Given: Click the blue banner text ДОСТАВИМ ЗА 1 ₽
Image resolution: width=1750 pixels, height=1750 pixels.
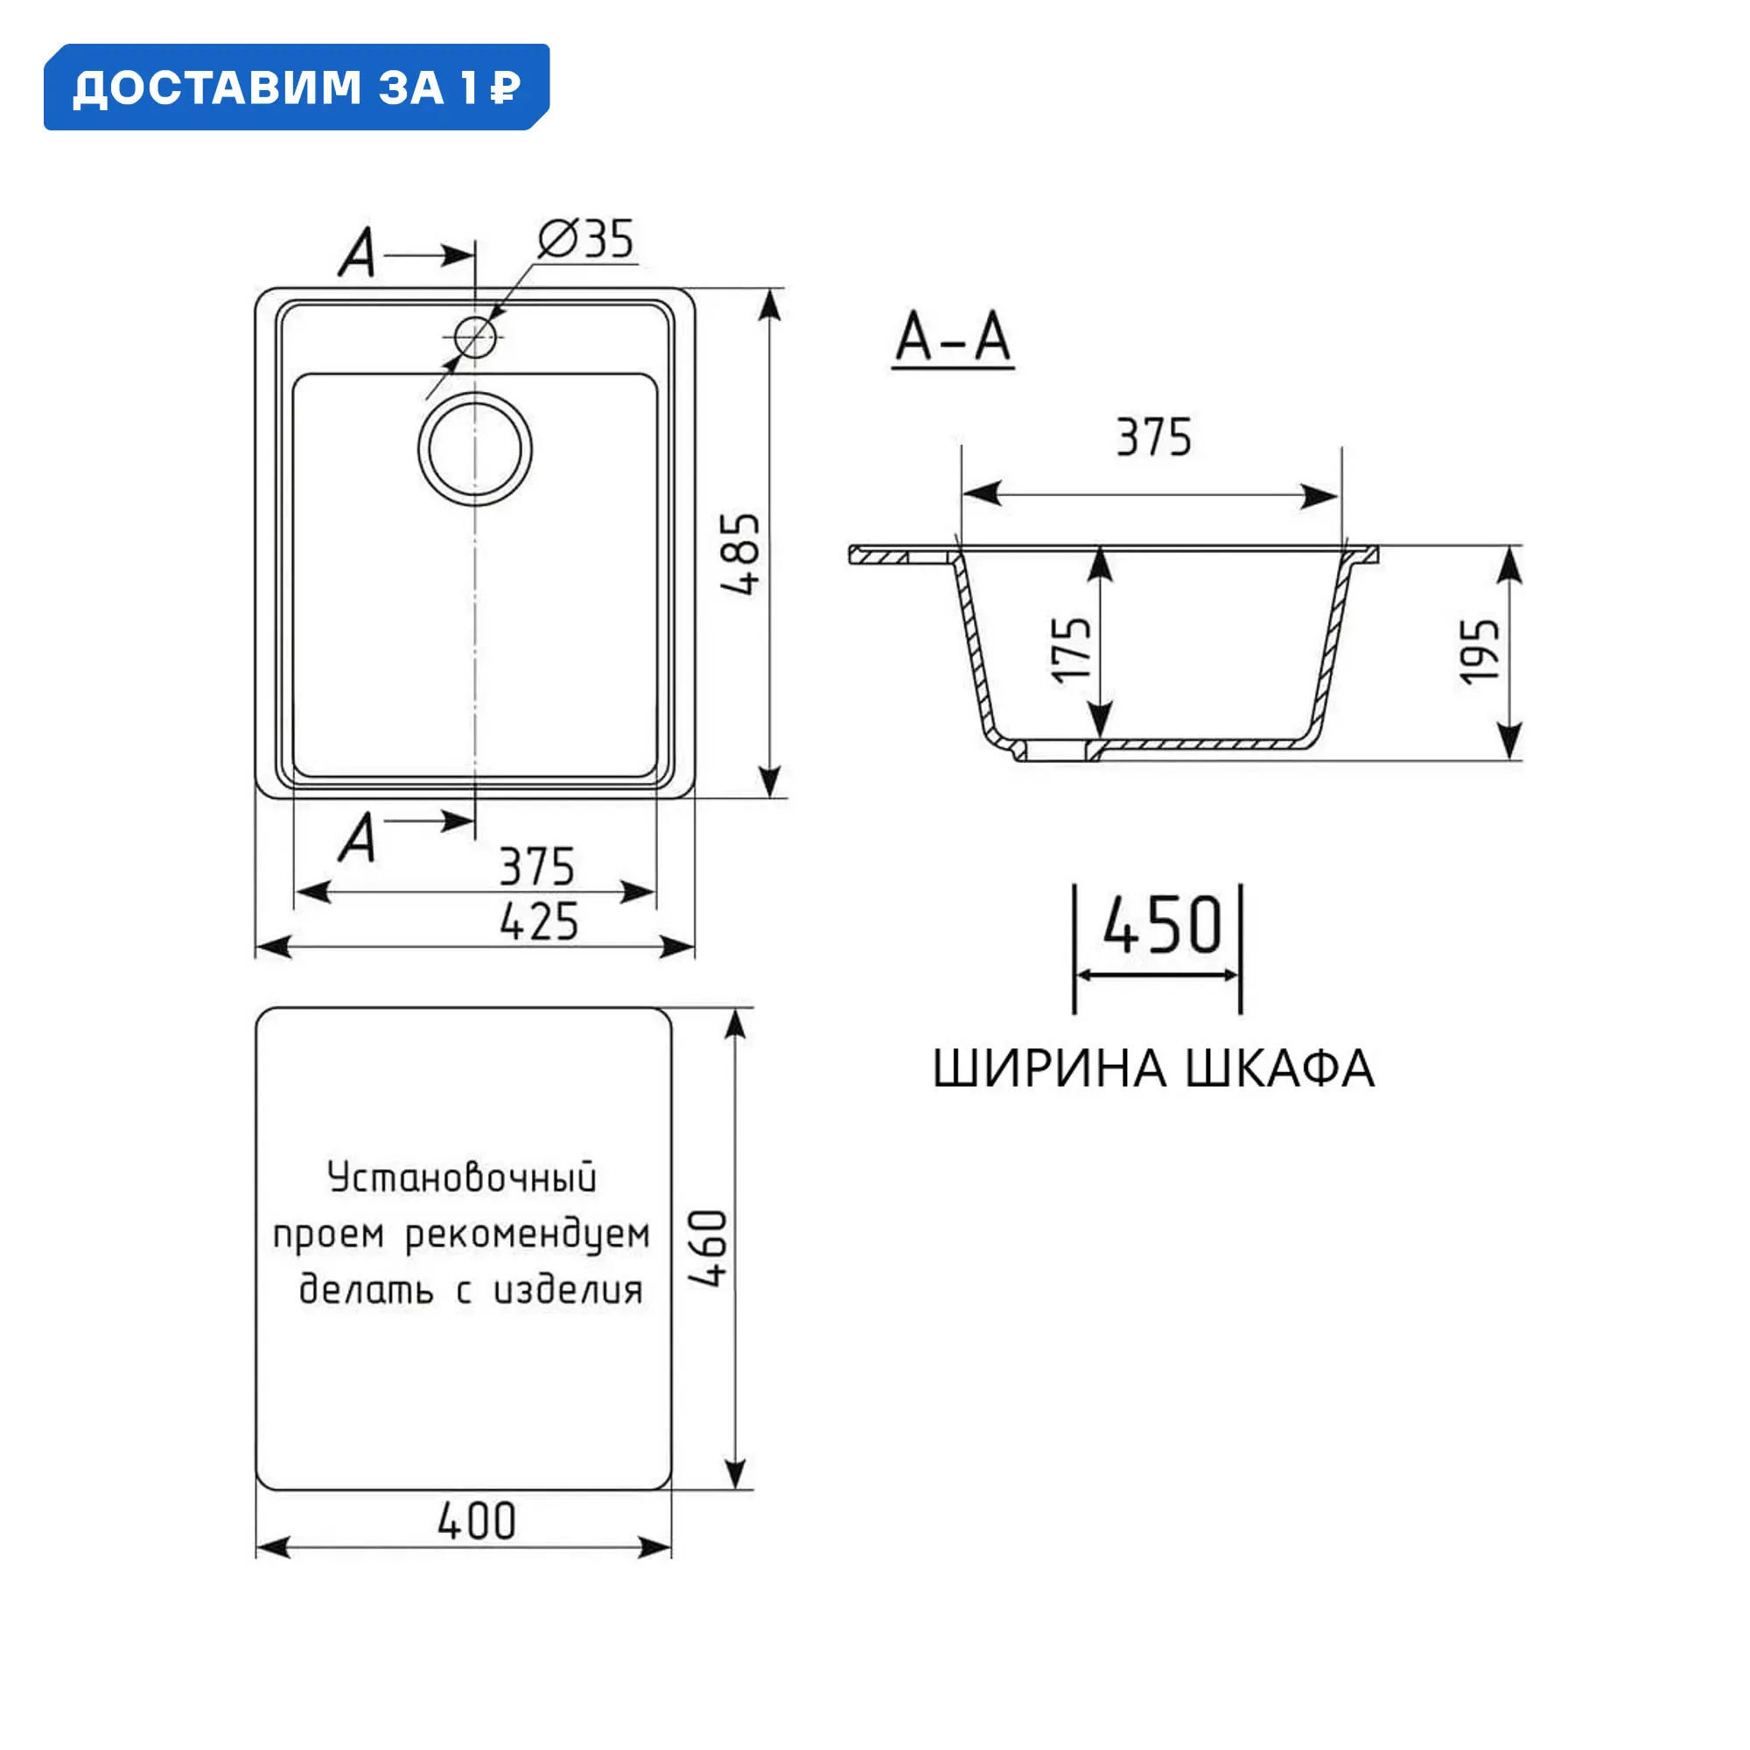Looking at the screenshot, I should tap(297, 87).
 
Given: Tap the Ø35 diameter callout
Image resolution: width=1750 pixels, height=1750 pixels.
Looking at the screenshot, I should tap(586, 240).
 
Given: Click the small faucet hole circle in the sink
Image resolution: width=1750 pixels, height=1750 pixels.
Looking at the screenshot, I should tap(474, 338).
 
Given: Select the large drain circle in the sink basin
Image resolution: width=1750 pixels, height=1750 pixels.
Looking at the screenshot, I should tap(474, 449).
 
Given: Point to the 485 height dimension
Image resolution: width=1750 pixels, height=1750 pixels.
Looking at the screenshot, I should tap(741, 554).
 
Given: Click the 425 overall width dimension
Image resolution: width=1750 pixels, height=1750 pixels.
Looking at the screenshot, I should tap(539, 922).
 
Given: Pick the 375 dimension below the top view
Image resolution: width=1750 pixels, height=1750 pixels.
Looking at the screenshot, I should tap(537, 867).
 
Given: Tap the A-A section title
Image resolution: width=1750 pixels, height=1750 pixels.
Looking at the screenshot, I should tap(953, 339).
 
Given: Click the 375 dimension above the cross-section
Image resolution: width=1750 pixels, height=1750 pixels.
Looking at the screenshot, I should tap(1154, 437).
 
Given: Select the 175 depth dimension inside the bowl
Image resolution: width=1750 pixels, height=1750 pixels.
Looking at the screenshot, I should tap(1071, 649).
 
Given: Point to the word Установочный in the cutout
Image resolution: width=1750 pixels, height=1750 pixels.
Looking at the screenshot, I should tap(462, 1178).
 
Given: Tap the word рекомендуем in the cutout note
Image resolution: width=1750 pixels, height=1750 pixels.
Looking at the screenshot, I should tap(527, 1235).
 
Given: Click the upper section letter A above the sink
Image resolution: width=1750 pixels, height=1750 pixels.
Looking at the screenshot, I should tap(358, 253).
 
